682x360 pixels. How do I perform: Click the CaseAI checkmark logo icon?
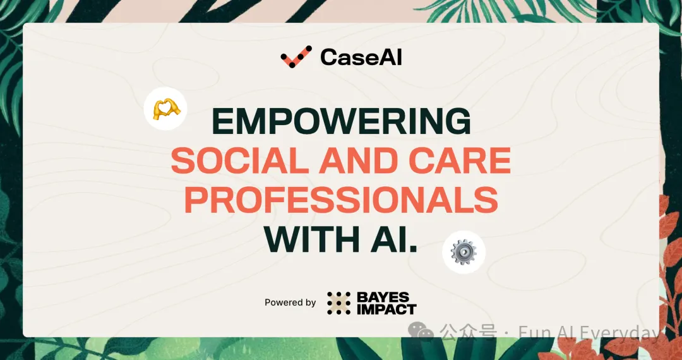[x=296, y=56]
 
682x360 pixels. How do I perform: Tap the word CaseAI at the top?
[x=361, y=57]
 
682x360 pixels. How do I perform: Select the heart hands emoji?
[x=165, y=109]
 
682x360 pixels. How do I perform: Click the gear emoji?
[x=464, y=252]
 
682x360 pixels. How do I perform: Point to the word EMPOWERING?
[x=342, y=122]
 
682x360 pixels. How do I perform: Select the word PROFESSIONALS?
[x=342, y=200]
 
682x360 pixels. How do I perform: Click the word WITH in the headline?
[x=309, y=239]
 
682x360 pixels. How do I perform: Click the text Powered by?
[x=290, y=303]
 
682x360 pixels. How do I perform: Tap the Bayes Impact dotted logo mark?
[x=339, y=303]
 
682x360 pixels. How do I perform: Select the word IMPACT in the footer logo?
[x=386, y=309]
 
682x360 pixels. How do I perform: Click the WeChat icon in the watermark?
[x=421, y=332]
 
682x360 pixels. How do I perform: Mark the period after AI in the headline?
[x=413, y=249]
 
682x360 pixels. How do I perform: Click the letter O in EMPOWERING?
[x=297, y=122]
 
